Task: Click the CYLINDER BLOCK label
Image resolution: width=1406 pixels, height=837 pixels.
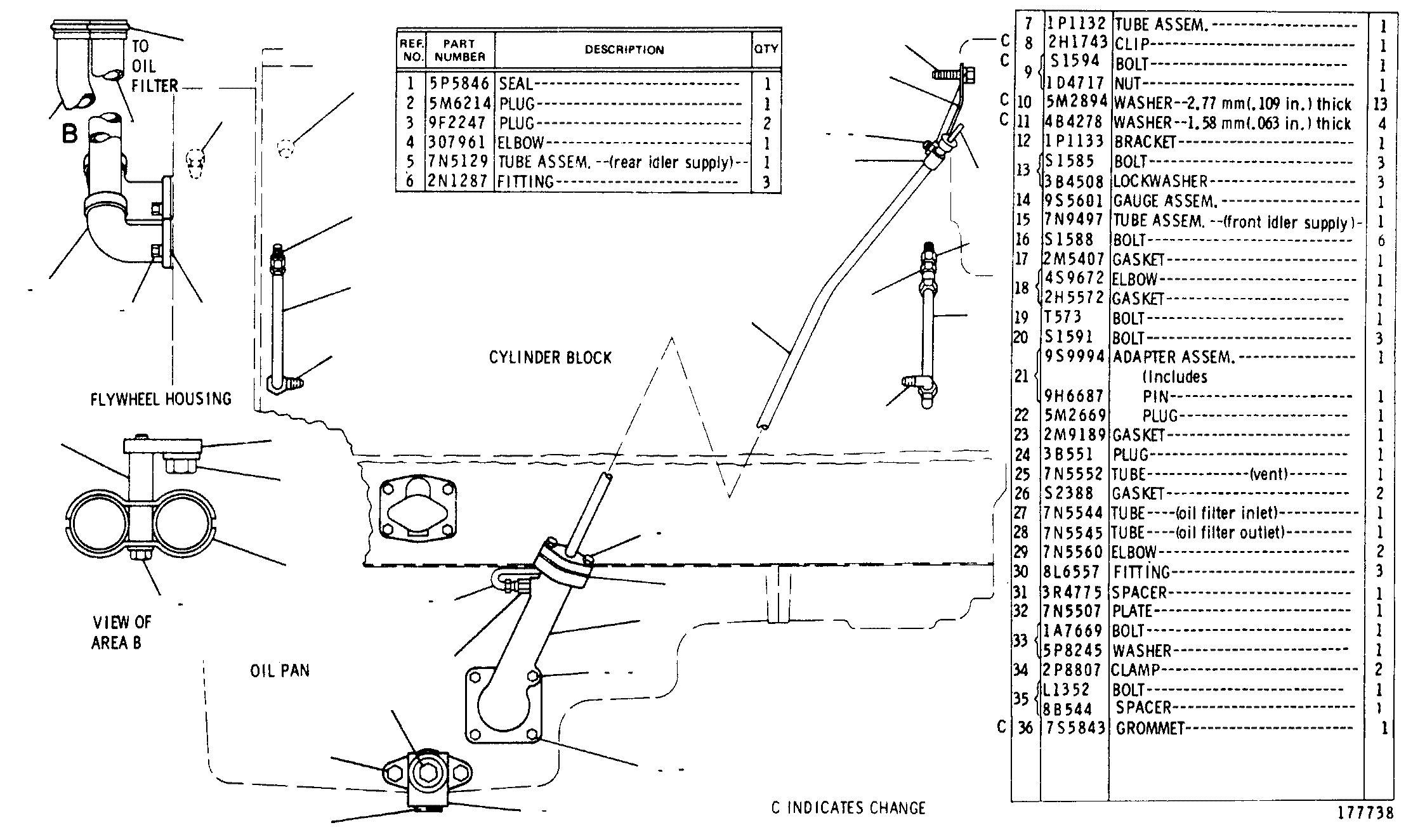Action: (x=550, y=358)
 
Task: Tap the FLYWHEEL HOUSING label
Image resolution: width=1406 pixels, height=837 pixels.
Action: (x=161, y=399)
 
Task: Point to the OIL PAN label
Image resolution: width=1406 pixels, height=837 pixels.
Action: (x=280, y=671)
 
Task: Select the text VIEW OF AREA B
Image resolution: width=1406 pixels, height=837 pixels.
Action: (x=122, y=632)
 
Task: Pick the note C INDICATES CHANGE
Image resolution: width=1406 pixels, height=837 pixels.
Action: (x=848, y=808)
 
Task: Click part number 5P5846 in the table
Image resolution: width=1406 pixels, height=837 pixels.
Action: (x=459, y=84)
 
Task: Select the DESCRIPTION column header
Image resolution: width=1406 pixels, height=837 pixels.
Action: (x=624, y=49)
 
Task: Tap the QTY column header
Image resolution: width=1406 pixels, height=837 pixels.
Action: (x=766, y=49)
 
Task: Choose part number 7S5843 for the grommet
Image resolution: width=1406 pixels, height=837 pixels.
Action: (x=1076, y=728)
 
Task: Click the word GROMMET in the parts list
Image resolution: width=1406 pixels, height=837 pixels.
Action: (x=1150, y=728)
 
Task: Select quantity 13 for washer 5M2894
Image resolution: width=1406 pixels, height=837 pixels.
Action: (x=1380, y=104)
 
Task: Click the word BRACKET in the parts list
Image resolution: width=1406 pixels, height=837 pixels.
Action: (x=1145, y=142)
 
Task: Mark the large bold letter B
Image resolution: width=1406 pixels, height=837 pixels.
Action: (x=70, y=134)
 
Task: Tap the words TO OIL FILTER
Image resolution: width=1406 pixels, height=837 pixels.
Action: (x=155, y=66)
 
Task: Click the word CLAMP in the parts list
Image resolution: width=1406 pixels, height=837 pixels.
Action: (x=1136, y=670)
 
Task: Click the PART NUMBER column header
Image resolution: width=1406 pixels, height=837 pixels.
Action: (x=460, y=49)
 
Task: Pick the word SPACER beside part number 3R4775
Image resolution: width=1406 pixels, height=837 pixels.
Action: (x=1140, y=593)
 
